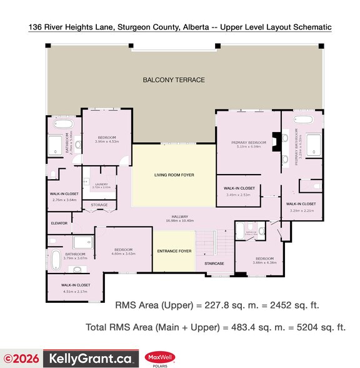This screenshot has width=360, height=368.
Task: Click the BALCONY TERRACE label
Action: point(173,79)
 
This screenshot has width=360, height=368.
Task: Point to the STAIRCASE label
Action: point(214,264)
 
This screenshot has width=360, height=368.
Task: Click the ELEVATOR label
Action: point(59,223)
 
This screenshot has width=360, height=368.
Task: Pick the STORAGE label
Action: point(99,205)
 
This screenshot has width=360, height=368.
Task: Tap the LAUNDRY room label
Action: point(101,183)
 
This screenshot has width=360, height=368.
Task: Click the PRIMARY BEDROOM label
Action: point(249,143)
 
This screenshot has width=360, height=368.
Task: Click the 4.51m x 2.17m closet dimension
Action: point(76,291)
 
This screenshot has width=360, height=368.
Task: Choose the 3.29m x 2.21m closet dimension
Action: point(301,210)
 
